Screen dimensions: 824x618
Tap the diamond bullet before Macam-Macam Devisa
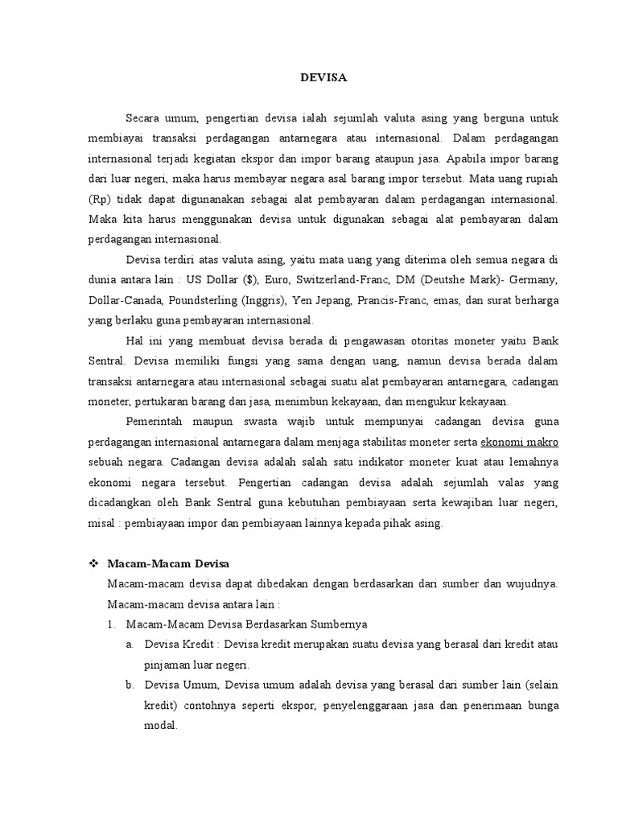pyautogui.click(x=93, y=563)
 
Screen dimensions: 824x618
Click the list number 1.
pyautogui.click(x=111, y=624)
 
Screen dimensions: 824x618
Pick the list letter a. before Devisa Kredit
pyautogui.click(x=130, y=645)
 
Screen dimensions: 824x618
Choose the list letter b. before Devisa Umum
pyautogui.click(x=130, y=685)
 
